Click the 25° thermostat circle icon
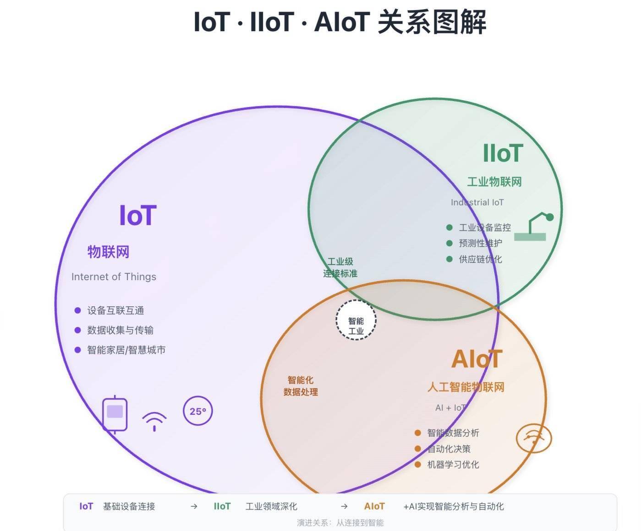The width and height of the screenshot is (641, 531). (x=197, y=411)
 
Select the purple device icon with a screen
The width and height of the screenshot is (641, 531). (x=115, y=414)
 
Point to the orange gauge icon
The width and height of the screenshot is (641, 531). (x=534, y=438)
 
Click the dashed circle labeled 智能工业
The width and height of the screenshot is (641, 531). (x=356, y=320)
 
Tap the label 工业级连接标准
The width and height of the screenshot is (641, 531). (x=340, y=268)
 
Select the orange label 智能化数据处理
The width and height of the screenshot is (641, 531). (x=301, y=386)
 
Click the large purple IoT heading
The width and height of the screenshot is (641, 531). (x=137, y=216)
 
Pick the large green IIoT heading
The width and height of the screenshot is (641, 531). (x=503, y=153)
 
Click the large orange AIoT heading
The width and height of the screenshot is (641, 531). (x=477, y=359)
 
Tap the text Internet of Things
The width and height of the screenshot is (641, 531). (x=114, y=277)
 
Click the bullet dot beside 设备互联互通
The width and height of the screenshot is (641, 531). (x=77, y=310)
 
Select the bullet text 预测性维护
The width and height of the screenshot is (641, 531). (x=480, y=243)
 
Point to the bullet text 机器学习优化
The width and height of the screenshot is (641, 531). (x=453, y=465)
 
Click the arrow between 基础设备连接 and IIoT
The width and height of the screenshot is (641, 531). (x=194, y=506)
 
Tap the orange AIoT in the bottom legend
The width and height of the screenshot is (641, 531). (x=374, y=506)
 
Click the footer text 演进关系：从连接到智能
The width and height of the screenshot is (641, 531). (x=340, y=522)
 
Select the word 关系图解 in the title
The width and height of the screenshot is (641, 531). (x=432, y=22)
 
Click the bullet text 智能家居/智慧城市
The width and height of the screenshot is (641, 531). (x=126, y=350)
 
